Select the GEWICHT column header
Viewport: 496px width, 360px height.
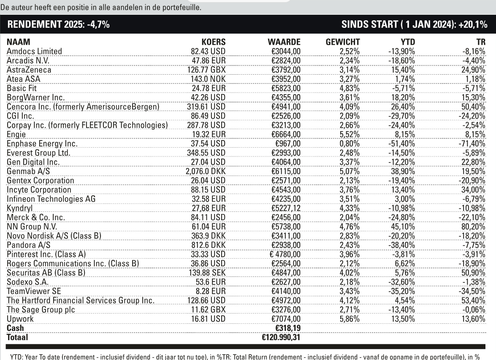click(343, 42)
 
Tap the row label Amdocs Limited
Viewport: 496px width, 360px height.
click(34, 51)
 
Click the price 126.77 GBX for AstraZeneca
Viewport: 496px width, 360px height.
click(206, 69)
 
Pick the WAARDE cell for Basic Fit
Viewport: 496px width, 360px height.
click(285, 87)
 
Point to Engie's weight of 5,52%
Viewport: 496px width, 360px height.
click(350, 135)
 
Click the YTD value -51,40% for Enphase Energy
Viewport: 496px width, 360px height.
click(401, 143)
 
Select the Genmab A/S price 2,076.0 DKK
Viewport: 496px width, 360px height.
click(206, 171)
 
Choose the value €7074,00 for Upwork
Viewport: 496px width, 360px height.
click(285, 319)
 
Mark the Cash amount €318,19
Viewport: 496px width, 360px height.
click(285, 328)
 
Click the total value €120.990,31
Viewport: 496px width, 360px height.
click(281, 337)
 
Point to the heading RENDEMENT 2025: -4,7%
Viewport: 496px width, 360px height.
click(59, 24)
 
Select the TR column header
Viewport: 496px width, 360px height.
click(480, 42)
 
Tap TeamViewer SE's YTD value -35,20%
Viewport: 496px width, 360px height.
click(401, 291)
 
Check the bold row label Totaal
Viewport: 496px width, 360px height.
click(17, 337)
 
